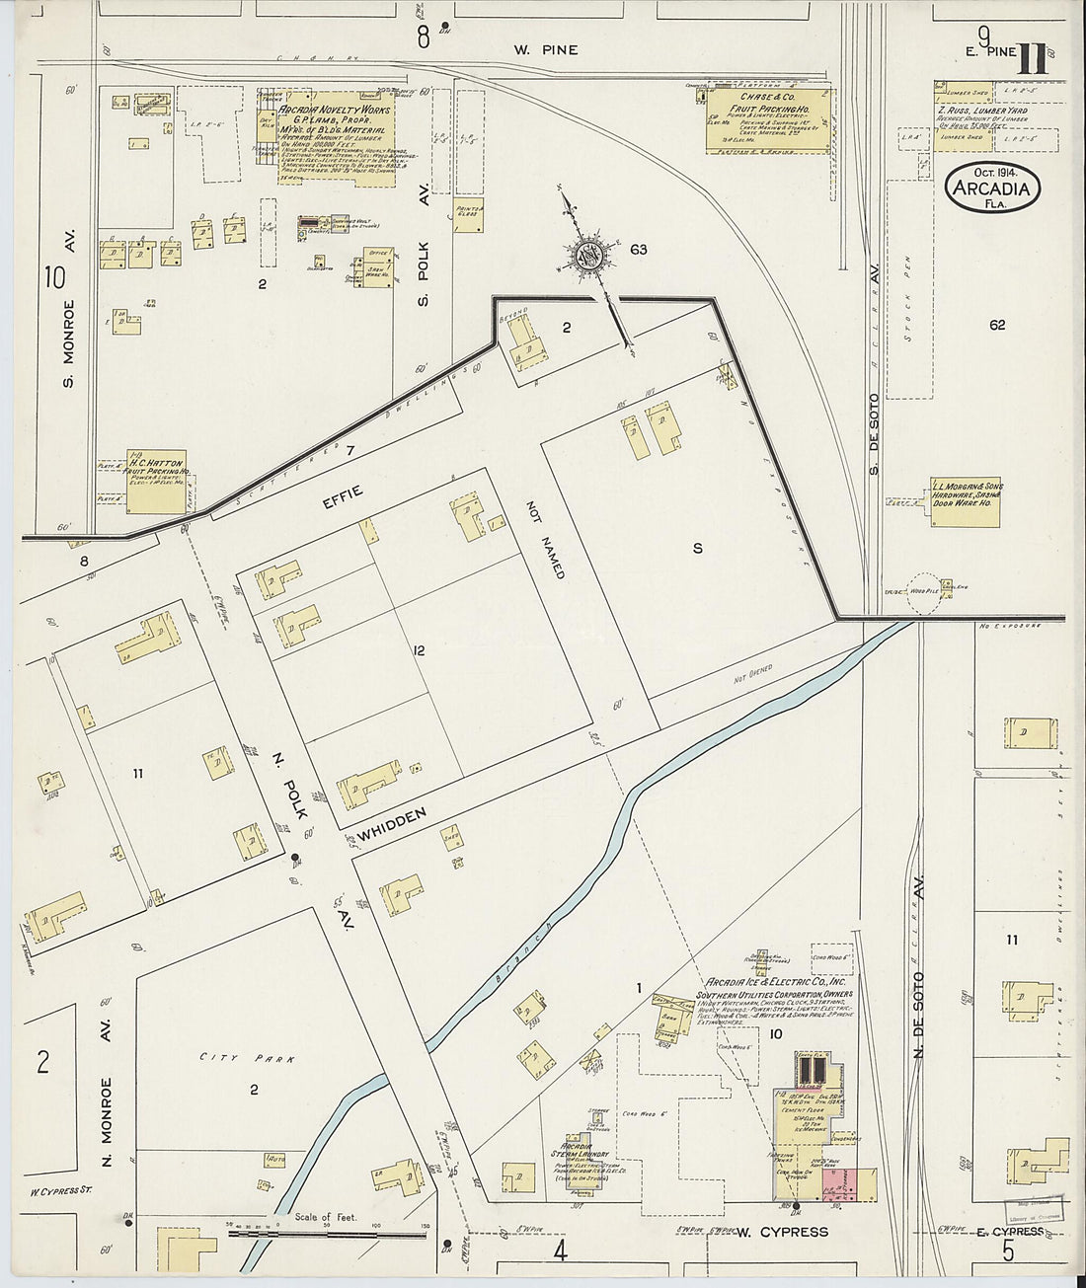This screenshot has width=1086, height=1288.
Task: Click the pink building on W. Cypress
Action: coord(836,1185)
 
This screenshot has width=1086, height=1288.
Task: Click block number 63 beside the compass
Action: coord(639,250)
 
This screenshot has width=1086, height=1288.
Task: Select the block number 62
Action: coord(996,325)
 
